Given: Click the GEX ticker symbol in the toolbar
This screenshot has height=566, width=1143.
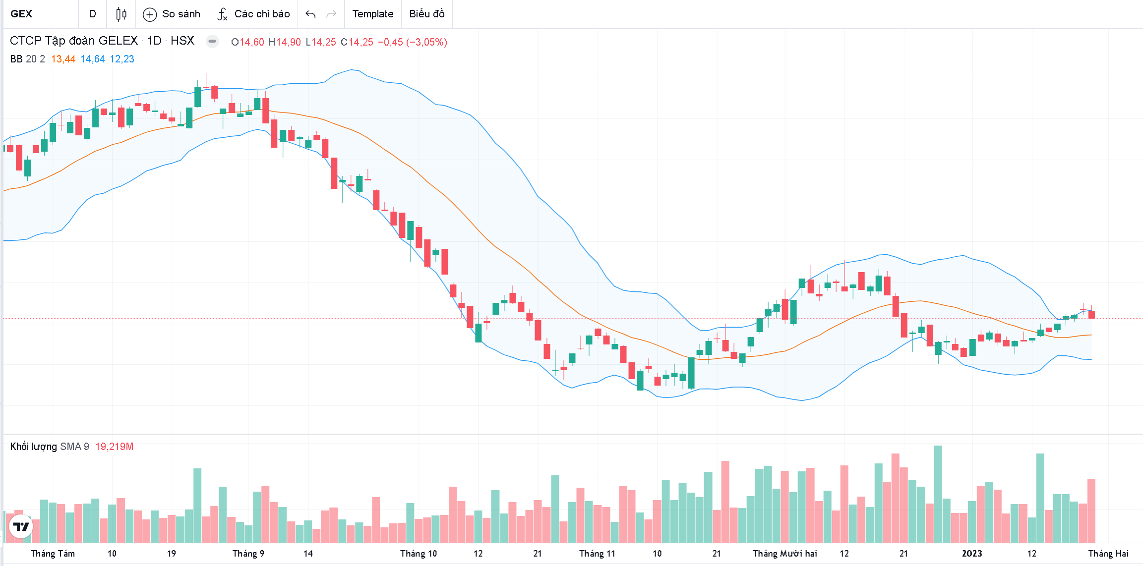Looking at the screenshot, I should coord(21,14).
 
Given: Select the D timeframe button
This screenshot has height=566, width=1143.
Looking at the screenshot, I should coord(92,14).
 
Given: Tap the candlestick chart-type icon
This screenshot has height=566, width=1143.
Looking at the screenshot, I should coord(121,14).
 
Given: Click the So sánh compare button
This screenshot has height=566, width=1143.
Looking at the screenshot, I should coord(172,14).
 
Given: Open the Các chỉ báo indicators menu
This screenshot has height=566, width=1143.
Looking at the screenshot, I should coord(253,14).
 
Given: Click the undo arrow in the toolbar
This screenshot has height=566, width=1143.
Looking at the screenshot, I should coord(310,14).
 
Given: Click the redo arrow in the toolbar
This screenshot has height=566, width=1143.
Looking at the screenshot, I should coord(331,14).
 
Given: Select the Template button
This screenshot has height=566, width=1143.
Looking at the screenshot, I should coord(372,14).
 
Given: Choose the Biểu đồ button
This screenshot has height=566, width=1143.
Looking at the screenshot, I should coord(426,14).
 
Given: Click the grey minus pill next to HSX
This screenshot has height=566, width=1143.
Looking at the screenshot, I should coord(212,41).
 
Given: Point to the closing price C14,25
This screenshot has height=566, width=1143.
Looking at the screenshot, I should coord(357,42).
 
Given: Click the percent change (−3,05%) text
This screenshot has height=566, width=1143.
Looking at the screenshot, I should coord(426,42).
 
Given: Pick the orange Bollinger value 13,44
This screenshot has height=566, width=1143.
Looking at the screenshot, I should coord(63,59).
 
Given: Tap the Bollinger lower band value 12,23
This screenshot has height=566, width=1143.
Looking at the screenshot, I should coord(122,59).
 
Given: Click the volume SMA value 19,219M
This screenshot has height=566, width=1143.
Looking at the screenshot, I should coord(114,447).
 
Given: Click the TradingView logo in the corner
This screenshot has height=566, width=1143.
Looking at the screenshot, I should coord(21,526).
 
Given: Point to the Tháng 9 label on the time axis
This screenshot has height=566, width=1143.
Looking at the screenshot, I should coord(248,554).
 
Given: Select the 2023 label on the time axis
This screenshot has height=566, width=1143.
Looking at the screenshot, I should coord(971,554).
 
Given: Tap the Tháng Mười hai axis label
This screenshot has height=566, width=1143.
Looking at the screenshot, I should coord(784,554).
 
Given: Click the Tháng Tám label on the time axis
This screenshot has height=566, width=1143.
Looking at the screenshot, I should coord(53,554).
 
